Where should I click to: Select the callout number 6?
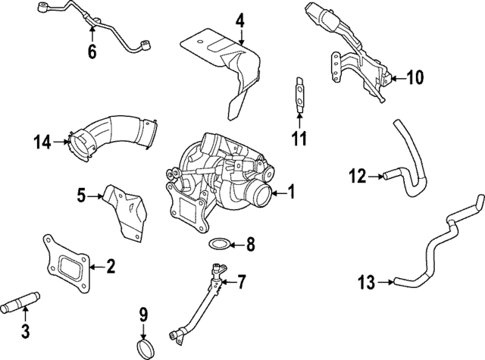(92, 52)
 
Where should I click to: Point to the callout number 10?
(415, 77)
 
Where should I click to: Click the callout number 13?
(366, 283)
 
